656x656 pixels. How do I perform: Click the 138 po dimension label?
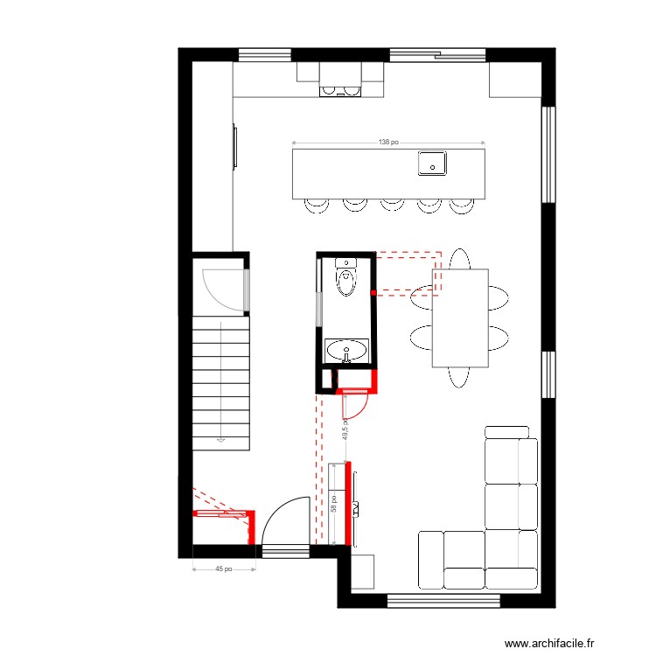coord(388,142)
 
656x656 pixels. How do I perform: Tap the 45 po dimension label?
coord(224,569)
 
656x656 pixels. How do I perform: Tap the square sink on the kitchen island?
coord(432,163)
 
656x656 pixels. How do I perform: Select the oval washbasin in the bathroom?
coord(347,352)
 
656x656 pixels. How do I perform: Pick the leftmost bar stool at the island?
coord(317,205)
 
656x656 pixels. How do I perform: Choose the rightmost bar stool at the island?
coord(461,205)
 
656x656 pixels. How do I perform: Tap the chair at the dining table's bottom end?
coord(460,376)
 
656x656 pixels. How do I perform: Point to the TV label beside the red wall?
coord(358,508)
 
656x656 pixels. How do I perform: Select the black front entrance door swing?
coord(285,520)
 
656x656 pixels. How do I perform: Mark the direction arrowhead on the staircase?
coord(222,440)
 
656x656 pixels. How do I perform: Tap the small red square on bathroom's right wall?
coord(373,292)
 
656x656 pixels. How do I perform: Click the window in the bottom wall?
coord(443,601)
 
